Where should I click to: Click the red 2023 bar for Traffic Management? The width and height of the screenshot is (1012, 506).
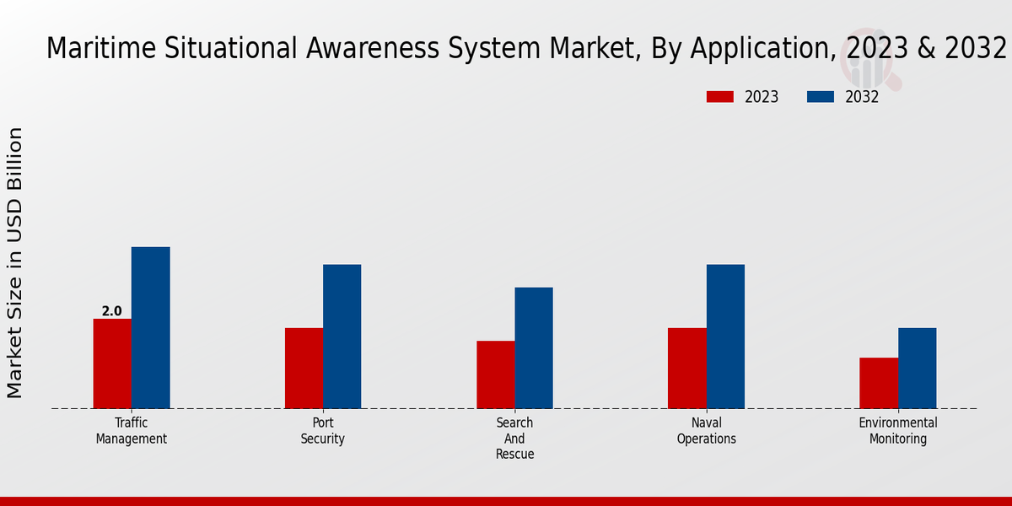click(112, 363)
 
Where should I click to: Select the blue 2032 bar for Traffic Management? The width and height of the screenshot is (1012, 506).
click(150, 327)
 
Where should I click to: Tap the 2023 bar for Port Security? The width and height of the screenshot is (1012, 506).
click(304, 368)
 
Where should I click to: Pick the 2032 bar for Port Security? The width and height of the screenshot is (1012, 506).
click(342, 336)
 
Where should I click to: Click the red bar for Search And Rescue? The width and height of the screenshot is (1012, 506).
click(495, 374)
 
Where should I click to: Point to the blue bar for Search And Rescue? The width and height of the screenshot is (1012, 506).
click(534, 347)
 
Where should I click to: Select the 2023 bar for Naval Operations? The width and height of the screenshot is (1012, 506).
click(686, 368)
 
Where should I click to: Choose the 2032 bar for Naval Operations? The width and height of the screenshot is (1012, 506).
click(725, 336)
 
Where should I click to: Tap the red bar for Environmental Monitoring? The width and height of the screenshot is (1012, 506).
click(879, 383)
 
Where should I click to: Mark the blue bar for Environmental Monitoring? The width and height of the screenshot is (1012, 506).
click(917, 368)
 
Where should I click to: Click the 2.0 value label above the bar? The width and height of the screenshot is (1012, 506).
click(112, 311)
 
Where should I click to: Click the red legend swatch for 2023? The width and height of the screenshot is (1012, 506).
click(719, 97)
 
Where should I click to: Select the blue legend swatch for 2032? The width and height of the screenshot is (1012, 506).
click(820, 97)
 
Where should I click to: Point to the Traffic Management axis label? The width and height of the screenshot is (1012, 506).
click(132, 431)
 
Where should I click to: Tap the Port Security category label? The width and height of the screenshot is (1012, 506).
click(323, 431)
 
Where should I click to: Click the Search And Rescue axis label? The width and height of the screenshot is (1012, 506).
click(514, 439)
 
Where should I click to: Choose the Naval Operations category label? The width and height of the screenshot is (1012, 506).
click(707, 431)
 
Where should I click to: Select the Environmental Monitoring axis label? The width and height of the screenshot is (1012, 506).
click(898, 431)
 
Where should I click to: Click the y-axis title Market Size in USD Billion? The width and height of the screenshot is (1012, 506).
click(15, 262)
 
